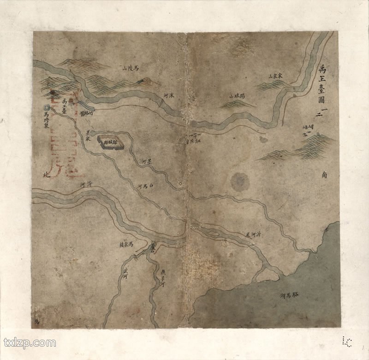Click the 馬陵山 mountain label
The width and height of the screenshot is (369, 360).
point(131,68)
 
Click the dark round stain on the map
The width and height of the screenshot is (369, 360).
point(240,182)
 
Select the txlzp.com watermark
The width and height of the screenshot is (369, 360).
point(30,343)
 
